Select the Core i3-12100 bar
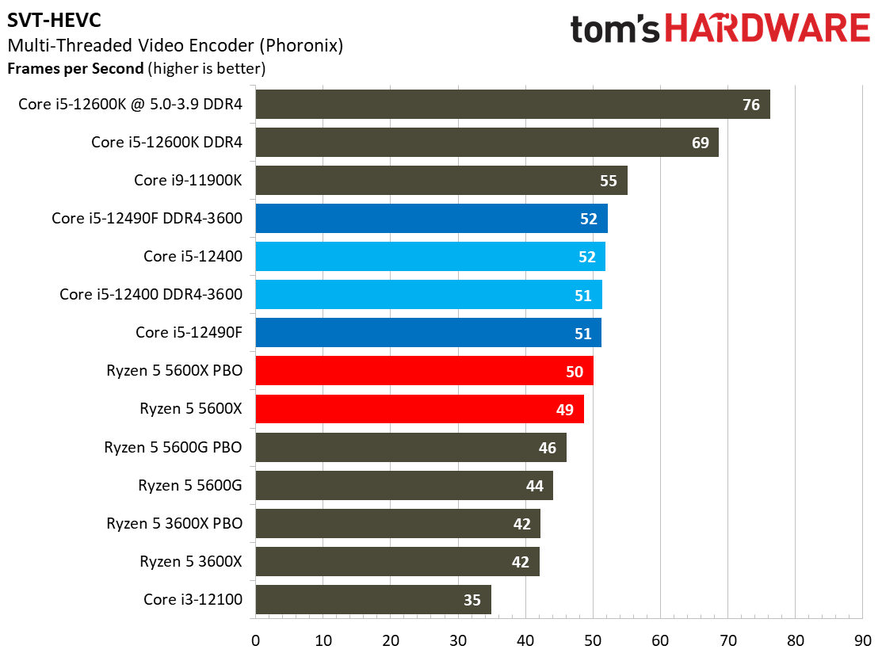click(373, 600)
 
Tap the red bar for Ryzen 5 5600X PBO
click(424, 371)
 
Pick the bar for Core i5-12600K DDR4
click(487, 143)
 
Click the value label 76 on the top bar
click(751, 105)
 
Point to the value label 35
click(472, 600)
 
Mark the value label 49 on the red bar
click(565, 409)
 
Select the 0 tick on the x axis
click(256, 640)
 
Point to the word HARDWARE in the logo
click(767, 29)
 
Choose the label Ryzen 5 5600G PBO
click(173, 447)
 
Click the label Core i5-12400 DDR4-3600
click(151, 294)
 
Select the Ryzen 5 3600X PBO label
click(174, 523)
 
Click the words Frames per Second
click(75, 68)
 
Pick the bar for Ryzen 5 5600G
click(404, 485)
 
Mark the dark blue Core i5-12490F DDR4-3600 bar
click(431, 219)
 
